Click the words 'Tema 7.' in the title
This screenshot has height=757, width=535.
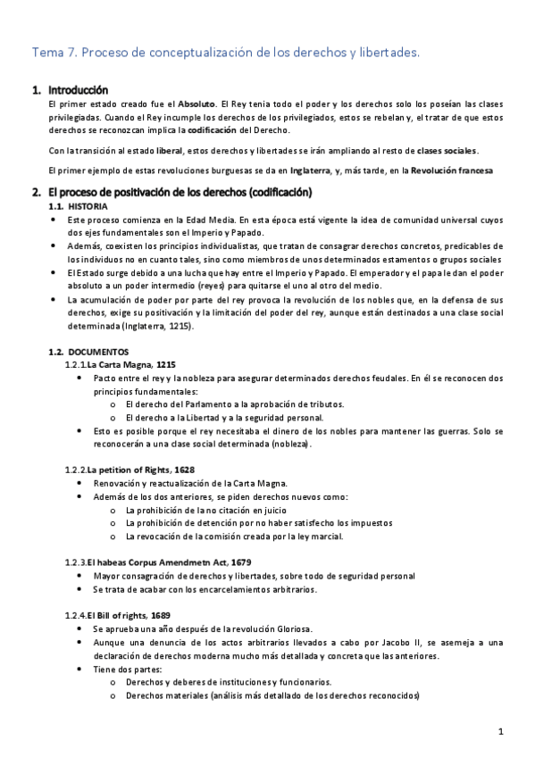pos(54,54)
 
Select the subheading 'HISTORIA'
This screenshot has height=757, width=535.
pos(88,206)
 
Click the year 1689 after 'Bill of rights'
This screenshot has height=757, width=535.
pos(161,615)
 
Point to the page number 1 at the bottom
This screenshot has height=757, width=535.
pos(502,732)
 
